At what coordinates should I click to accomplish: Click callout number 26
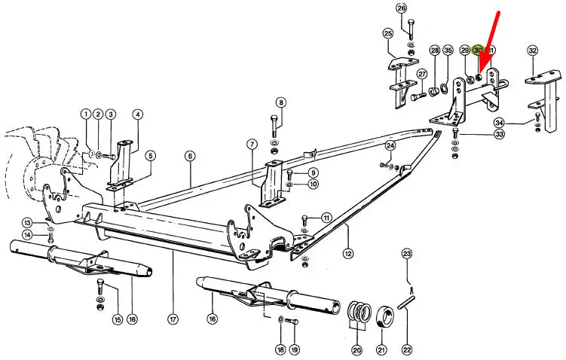pos(401,8)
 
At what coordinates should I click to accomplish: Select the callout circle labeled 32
pos(533,51)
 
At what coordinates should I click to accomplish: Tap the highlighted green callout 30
pos(478,51)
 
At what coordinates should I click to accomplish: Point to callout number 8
pos(280,102)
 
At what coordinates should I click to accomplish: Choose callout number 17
pos(190,156)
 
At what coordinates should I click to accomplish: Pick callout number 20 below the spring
pos(356,350)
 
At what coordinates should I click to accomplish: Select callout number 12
pos(347,255)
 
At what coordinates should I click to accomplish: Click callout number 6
pos(190,156)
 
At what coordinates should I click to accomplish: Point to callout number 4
pos(137,114)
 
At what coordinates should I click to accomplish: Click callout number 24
pos(390,145)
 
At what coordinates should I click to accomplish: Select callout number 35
pos(448,51)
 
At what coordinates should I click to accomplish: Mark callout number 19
pos(295,350)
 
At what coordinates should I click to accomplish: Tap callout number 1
pos(86,114)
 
